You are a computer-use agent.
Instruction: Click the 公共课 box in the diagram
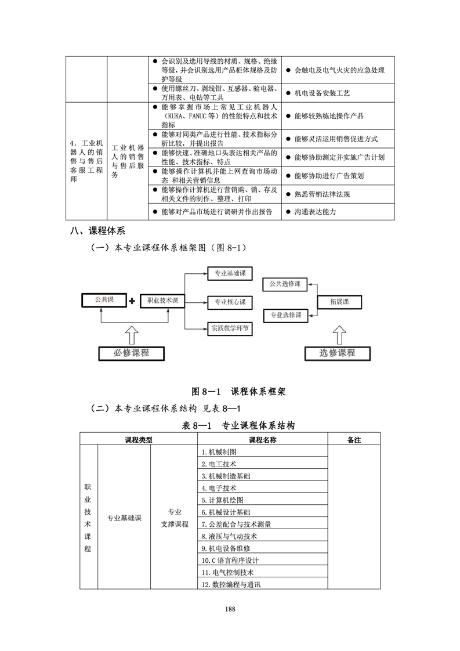click(104, 300)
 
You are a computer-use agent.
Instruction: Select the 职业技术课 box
click(162, 301)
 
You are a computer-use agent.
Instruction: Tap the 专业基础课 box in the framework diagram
click(230, 274)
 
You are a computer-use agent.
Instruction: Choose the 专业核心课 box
click(230, 302)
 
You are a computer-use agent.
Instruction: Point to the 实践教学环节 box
click(230, 329)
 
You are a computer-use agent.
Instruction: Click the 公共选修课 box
click(285, 284)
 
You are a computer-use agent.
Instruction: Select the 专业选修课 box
click(285, 316)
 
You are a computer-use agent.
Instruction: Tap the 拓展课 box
click(339, 302)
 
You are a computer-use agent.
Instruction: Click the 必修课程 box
click(131, 353)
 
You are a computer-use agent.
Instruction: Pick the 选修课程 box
click(337, 353)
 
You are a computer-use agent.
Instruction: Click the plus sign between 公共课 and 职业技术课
click(132, 301)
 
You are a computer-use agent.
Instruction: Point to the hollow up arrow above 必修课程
click(132, 335)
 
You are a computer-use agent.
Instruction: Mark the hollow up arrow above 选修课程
click(339, 335)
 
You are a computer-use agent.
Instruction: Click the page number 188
click(230, 609)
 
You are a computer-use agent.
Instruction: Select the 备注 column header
click(354, 440)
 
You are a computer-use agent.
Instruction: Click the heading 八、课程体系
click(97, 231)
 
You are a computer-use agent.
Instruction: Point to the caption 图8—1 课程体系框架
click(238, 392)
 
